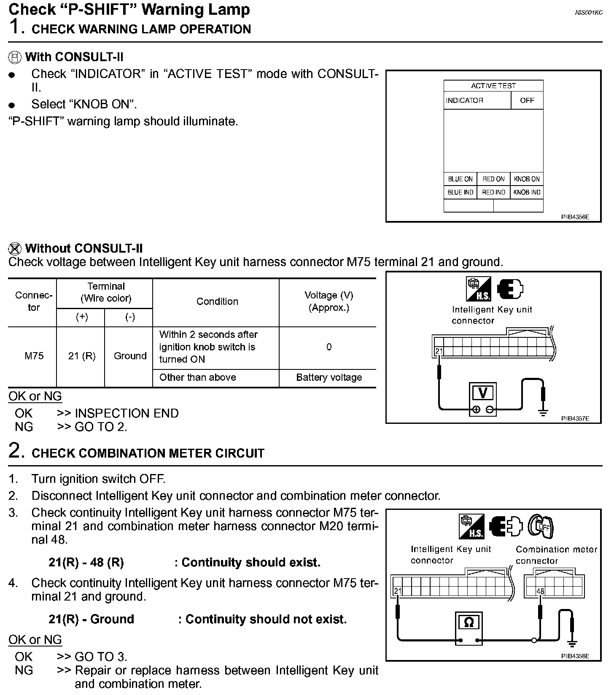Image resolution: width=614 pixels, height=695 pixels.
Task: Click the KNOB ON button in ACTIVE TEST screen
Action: (x=527, y=179)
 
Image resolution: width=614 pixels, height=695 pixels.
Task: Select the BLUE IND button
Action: (x=460, y=192)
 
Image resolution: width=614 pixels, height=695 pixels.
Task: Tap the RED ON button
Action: (x=493, y=179)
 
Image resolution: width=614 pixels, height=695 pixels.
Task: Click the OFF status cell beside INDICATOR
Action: (x=527, y=100)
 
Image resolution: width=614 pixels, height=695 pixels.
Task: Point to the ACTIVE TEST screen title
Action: (x=493, y=86)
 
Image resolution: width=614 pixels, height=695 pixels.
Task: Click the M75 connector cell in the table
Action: (x=34, y=356)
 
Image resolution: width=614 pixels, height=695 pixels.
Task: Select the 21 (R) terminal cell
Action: (x=82, y=356)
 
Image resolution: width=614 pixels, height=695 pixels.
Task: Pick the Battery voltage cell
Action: (x=329, y=377)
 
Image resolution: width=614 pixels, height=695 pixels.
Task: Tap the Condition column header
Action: (x=217, y=301)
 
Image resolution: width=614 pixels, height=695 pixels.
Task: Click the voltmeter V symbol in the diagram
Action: (x=483, y=393)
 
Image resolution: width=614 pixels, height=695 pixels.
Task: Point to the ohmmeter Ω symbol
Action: (x=469, y=622)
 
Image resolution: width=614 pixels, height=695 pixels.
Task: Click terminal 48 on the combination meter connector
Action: (x=540, y=591)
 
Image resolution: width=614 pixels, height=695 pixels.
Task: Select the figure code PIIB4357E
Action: (x=575, y=419)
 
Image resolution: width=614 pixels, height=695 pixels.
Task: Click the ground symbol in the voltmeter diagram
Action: (x=543, y=412)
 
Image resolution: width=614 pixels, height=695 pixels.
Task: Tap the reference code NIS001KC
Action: (x=589, y=13)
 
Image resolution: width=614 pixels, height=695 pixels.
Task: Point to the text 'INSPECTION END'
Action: (x=127, y=413)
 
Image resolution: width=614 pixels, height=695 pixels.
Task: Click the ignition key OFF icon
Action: (x=541, y=526)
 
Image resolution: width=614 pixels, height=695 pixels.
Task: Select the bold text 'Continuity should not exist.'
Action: (x=266, y=619)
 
